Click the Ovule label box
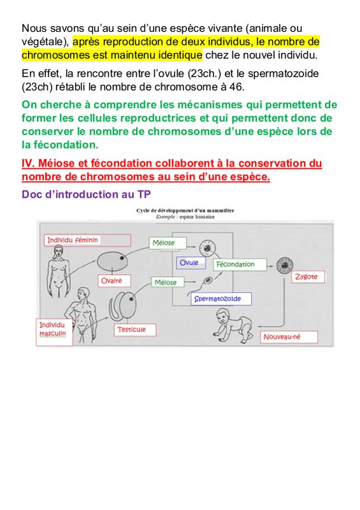coord(191,263)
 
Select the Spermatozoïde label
coord(221,299)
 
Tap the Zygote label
coord(308,277)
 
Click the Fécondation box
coord(240,265)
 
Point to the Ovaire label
coord(114,280)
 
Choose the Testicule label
coord(135,330)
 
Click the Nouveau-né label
coord(289,337)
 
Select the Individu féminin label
coord(87,240)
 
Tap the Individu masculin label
coord(54,331)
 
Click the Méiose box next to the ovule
coord(168,243)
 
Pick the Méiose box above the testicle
coord(168,282)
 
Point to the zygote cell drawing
coord(285,265)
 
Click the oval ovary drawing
coord(112,262)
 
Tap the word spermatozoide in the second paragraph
coord(284,73)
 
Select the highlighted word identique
coord(180,55)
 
